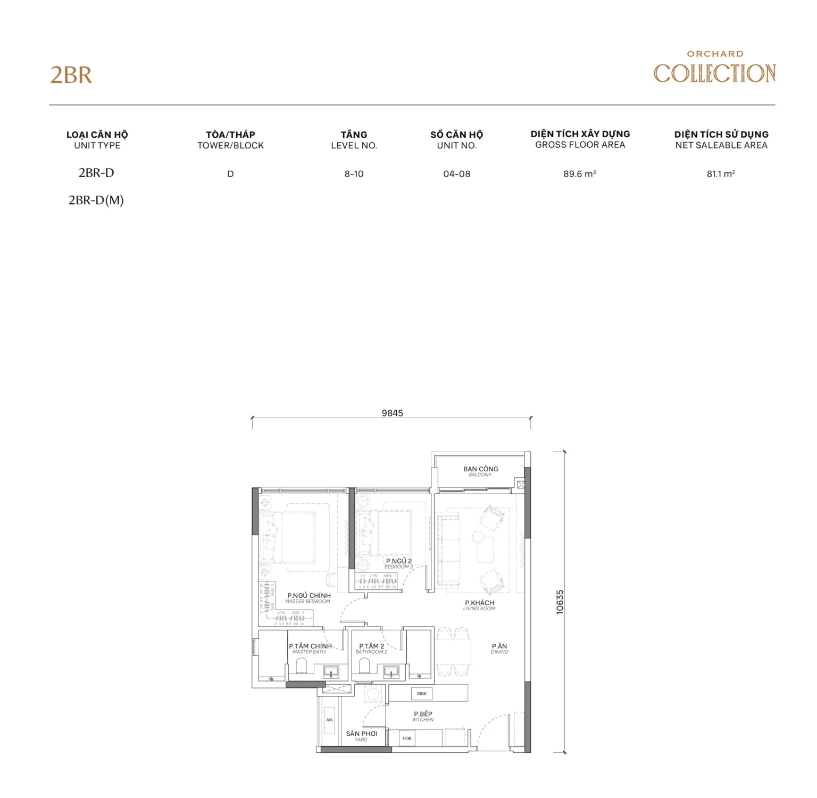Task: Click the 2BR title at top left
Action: click(71, 75)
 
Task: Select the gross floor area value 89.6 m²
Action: click(580, 174)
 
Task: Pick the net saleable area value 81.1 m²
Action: click(721, 174)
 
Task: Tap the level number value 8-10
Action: click(354, 174)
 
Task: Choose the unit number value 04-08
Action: click(456, 174)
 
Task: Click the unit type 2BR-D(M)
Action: click(96, 201)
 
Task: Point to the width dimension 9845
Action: click(392, 413)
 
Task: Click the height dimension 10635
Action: click(560, 602)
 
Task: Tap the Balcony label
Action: click(481, 471)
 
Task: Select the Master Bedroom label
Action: click(309, 598)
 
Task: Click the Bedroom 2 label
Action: click(399, 563)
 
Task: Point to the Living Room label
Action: click(479, 605)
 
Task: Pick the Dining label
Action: click(499, 649)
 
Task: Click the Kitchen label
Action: click(423, 716)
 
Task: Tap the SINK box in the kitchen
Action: click(422, 694)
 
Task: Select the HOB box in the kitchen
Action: click(407, 738)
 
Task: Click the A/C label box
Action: click(330, 720)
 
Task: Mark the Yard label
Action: click(362, 736)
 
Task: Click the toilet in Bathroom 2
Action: click(364, 666)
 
